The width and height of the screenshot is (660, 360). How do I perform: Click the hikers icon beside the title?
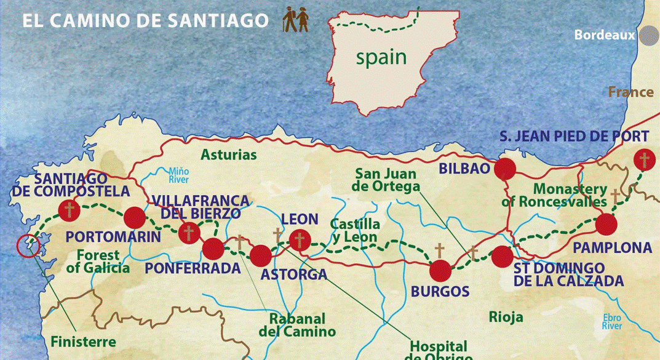click(x=295, y=20)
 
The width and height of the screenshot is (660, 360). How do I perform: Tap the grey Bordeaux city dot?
click(x=648, y=35)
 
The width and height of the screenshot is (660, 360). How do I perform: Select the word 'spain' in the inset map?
click(x=381, y=57)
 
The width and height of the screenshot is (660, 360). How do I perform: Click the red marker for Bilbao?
click(x=505, y=169)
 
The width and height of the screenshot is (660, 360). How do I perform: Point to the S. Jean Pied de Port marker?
click(x=644, y=161)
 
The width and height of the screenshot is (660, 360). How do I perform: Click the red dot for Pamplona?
click(x=606, y=225)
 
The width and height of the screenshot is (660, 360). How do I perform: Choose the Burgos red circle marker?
click(x=440, y=270)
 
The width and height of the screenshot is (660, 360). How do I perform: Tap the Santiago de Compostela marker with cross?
click(x=69, y=210)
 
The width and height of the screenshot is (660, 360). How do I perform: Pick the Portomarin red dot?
click(x=134, y=218)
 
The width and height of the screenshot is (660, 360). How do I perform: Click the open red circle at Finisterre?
click(x=28, y=246)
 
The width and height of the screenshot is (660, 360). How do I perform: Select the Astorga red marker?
click(x=260, y=255)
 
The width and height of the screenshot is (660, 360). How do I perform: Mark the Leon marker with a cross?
click(x=300, y=240)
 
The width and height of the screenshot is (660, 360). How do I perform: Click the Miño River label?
click(x=178, y=175)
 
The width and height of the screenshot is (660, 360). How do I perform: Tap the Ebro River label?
click(x=612, y=321)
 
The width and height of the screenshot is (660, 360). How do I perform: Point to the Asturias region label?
click(x=228, y=154)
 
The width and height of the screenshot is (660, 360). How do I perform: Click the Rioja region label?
click(x=506, y=317)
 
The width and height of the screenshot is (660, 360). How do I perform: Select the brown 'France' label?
click(x=630, y=92)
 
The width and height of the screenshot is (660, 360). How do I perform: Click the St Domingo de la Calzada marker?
click(x=502, y=256)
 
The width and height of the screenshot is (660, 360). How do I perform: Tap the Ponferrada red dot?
click(x=213, y=249)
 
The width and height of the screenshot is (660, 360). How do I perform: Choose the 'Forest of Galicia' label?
click(x=98, y=261)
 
